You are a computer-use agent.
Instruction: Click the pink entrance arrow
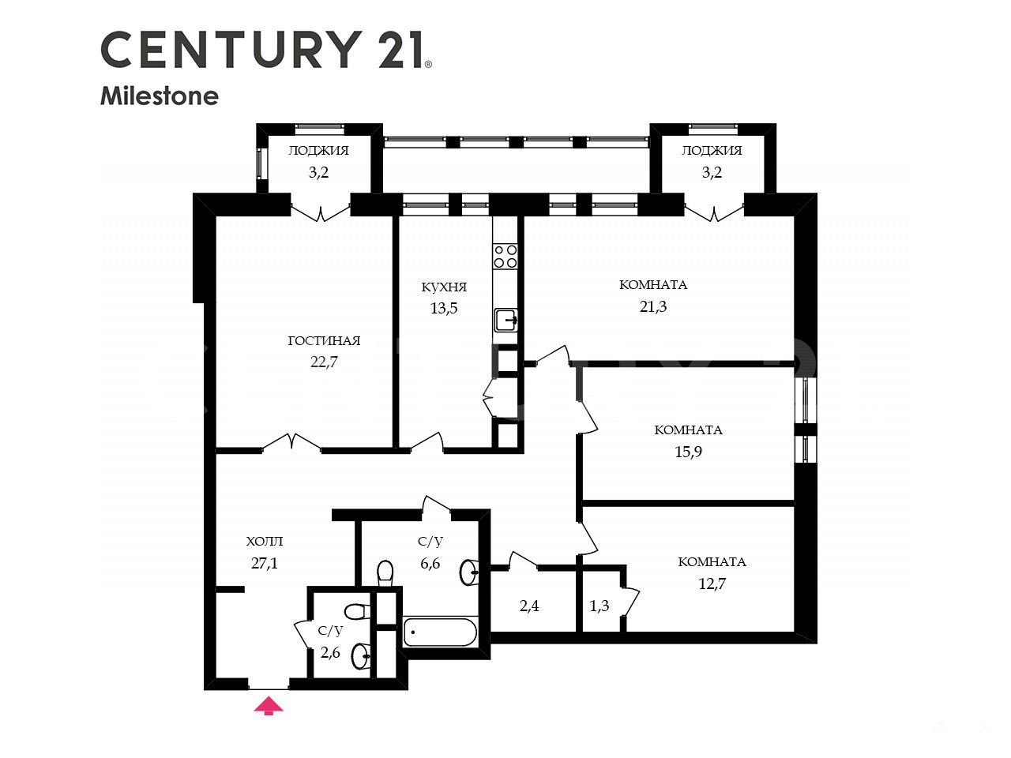tap(269, 706)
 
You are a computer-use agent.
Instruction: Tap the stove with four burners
tap(505, 257)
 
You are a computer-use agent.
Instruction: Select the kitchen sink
tap(506, 320)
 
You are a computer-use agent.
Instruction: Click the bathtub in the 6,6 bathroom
tap(440, 632)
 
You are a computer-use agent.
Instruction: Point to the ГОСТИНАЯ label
tap(324, 340)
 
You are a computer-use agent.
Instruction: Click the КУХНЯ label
tap(444, 287)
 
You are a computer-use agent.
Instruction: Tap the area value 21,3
tap(652, 306)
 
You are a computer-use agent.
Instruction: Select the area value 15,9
tap(688, 452)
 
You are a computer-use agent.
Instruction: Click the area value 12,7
tap(712, 584)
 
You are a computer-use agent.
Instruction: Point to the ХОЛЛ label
tap(265, 541)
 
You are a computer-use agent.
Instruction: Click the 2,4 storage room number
tap(529, 606)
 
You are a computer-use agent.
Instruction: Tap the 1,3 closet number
tap(599, 606)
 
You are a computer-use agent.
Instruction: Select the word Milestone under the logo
tap(160, 96)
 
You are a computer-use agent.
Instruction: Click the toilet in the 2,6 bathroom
tap(356, 612)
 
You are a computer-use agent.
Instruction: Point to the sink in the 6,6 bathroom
tap(469, 572)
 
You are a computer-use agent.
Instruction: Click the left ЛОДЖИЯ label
tap(318, 151)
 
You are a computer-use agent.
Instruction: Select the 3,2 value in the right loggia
tap(712, 173)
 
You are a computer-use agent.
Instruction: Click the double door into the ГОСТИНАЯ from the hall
tap(291, 442)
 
